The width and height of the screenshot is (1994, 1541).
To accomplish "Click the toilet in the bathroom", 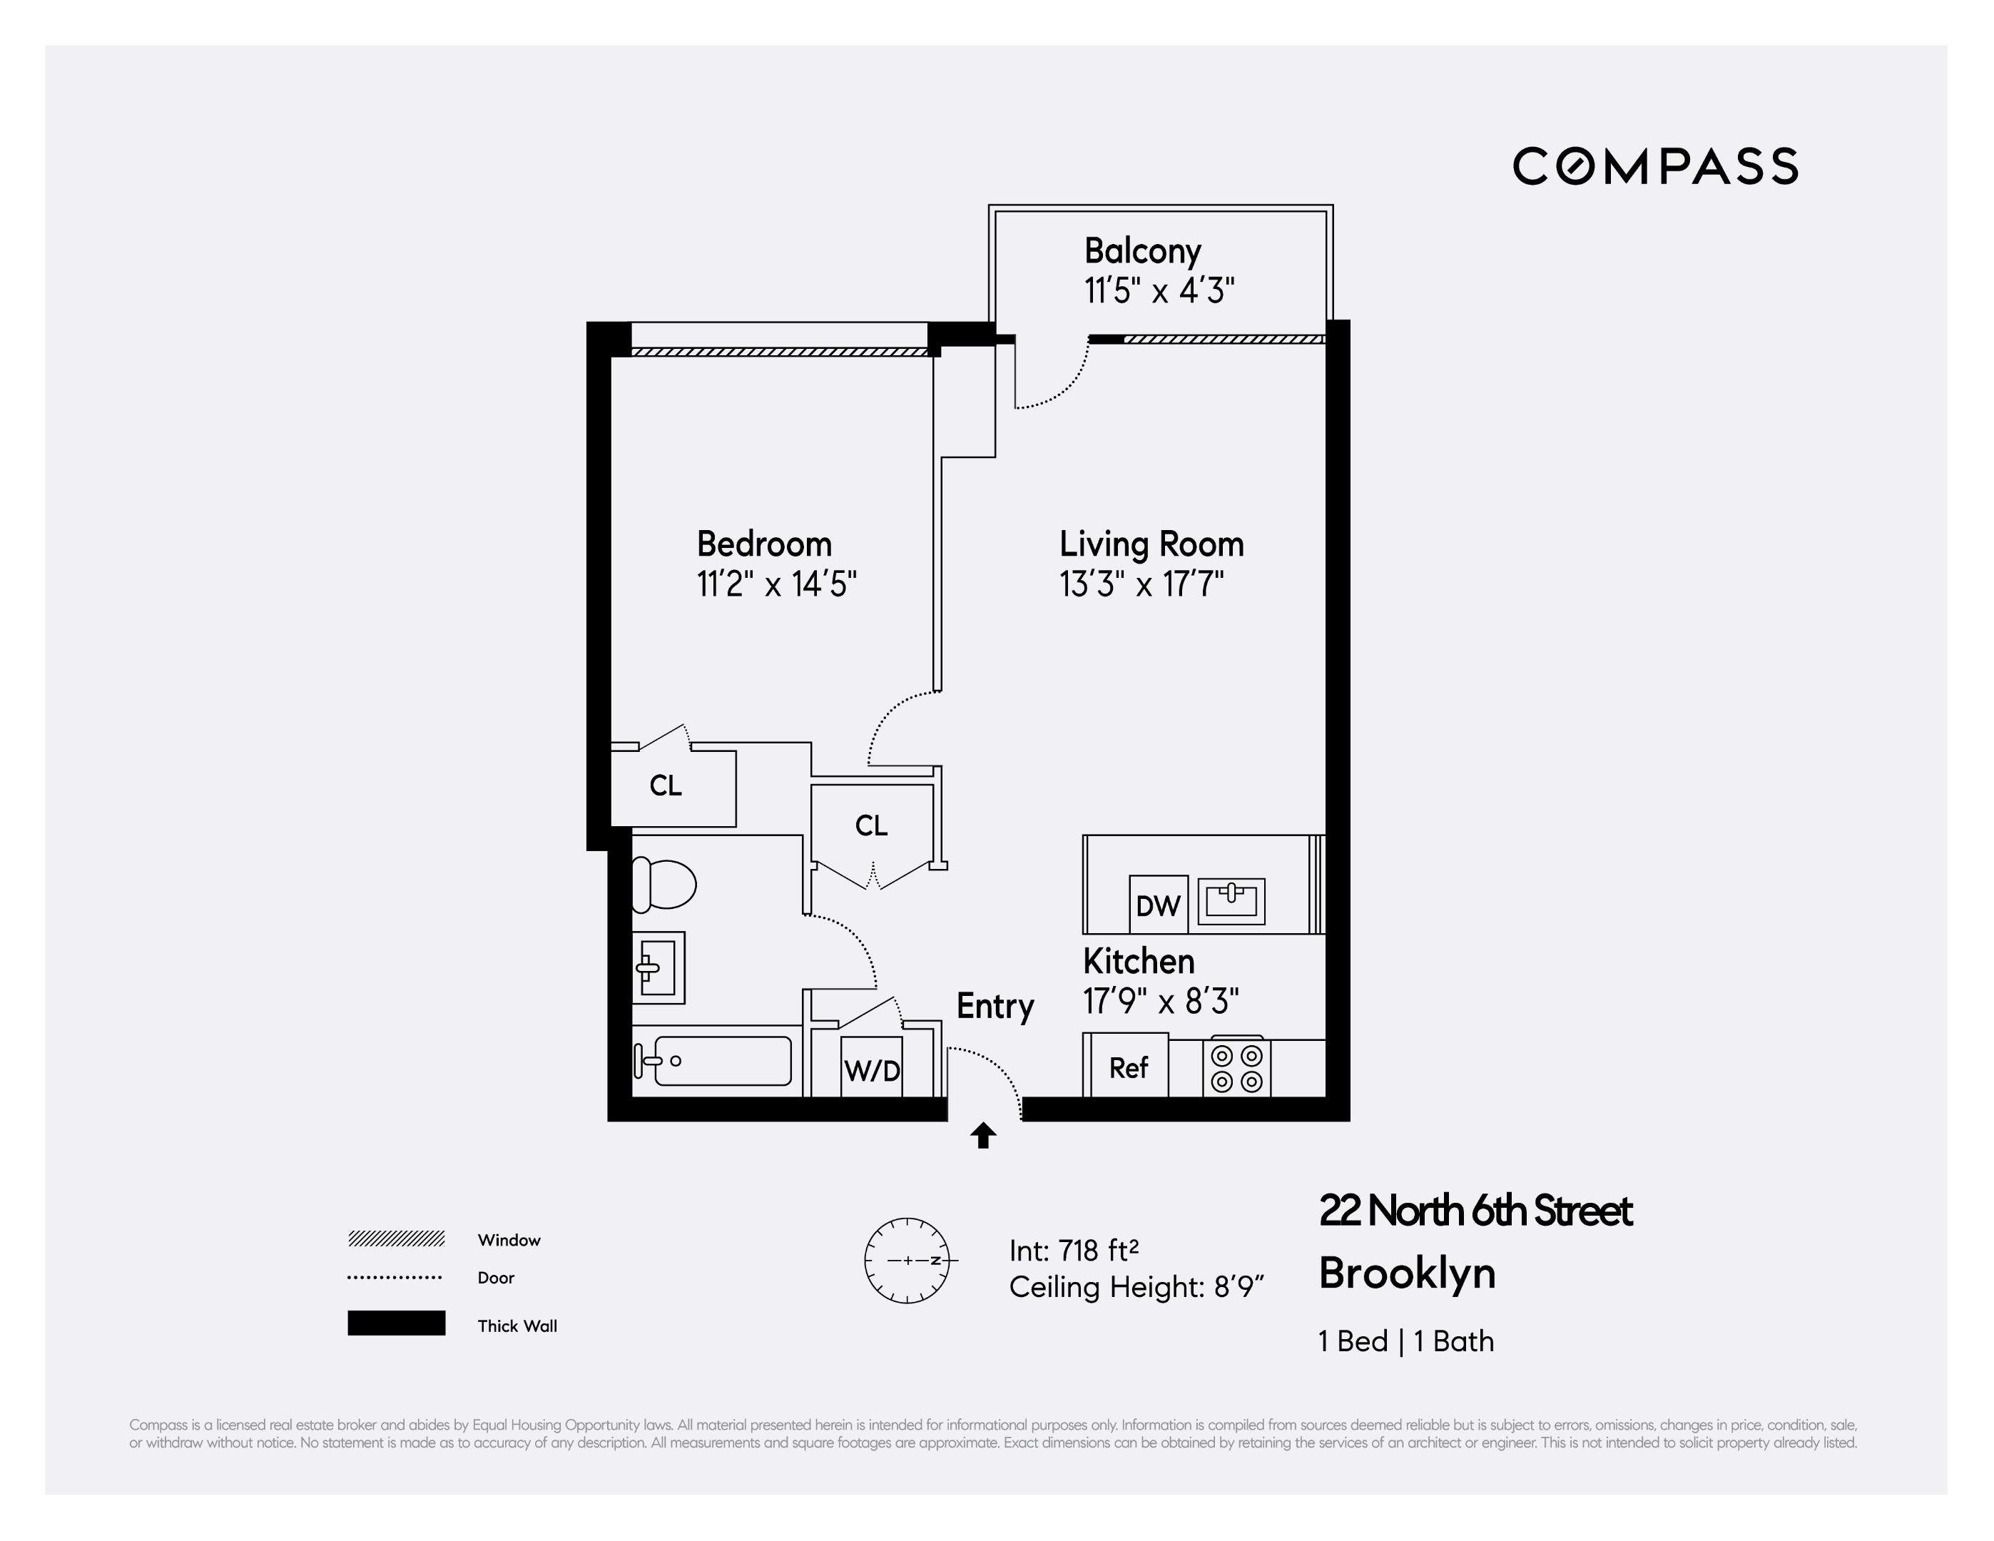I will coord(663,884).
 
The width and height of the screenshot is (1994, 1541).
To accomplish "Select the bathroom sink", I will coord(657,967).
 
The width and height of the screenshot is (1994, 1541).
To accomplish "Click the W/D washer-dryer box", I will coord(872,1067).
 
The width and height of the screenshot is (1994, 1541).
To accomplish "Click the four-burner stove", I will coord(1236,1068).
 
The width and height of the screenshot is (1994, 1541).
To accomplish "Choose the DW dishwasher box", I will coord(1158,905).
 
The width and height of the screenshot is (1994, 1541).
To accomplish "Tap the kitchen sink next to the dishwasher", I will coord(1231,901).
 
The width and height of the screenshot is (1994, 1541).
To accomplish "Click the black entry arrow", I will coord(983,1136).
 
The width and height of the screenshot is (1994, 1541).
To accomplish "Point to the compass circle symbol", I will coord(907,1261).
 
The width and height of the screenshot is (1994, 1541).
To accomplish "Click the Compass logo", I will coord(1655,166).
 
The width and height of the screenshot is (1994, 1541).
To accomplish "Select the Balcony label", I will coord(1142,250).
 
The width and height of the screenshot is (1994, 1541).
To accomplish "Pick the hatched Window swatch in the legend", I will coord(396,1239).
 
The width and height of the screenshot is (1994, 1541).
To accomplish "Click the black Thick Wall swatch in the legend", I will coord(396,1323).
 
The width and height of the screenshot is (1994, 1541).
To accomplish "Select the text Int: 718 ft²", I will coord(1074,1250).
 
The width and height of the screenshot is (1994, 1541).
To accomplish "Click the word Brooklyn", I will coord(1407,1273).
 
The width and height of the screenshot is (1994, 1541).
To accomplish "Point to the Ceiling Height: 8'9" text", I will coord(1136,1287).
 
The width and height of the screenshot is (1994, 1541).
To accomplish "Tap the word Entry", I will coord(995,1006).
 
